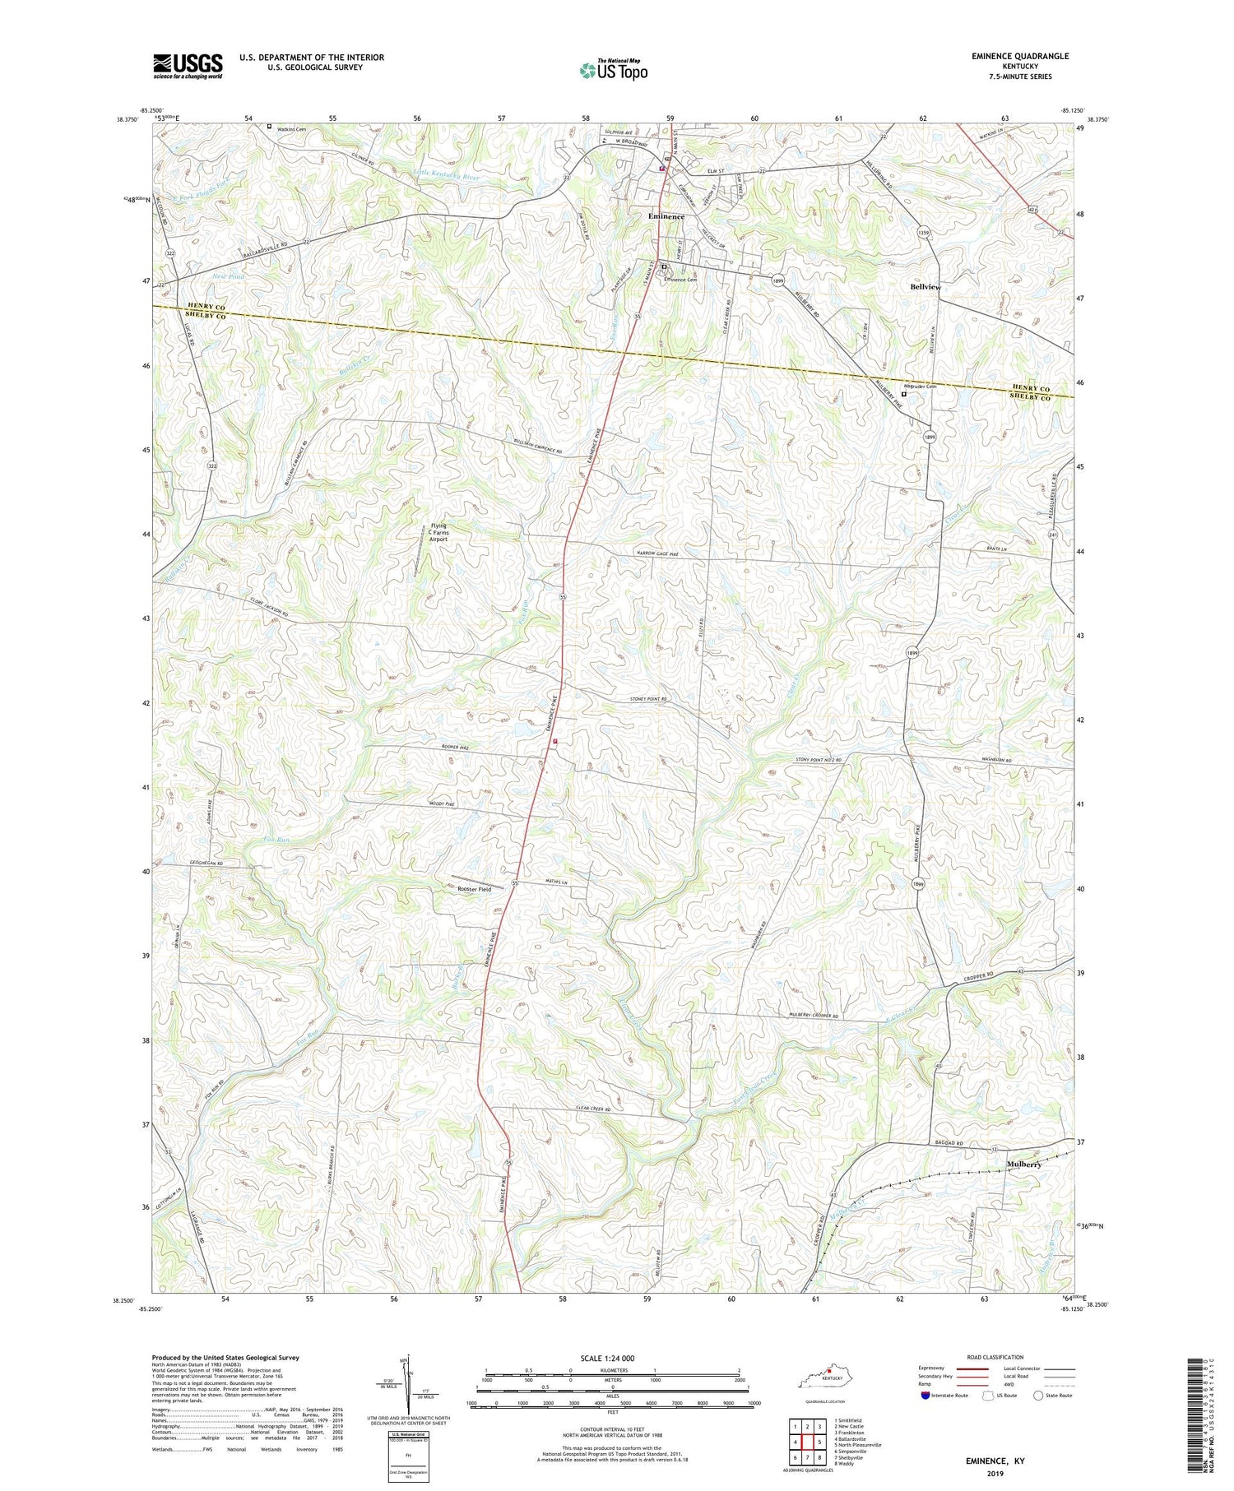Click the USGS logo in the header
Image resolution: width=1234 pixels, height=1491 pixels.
click(x=188, y=66)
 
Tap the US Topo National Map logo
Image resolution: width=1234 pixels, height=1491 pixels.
click(x=613, y=70)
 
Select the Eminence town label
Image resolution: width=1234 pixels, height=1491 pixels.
click(x=666, y=216)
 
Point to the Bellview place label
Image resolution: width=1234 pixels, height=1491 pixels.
click(x=925, y=287)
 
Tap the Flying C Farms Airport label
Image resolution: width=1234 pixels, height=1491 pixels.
click(x=438, y=533)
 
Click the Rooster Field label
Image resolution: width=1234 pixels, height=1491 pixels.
click(x=475, y=889)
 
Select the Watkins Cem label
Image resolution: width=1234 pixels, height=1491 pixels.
click(x=290, y=127)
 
